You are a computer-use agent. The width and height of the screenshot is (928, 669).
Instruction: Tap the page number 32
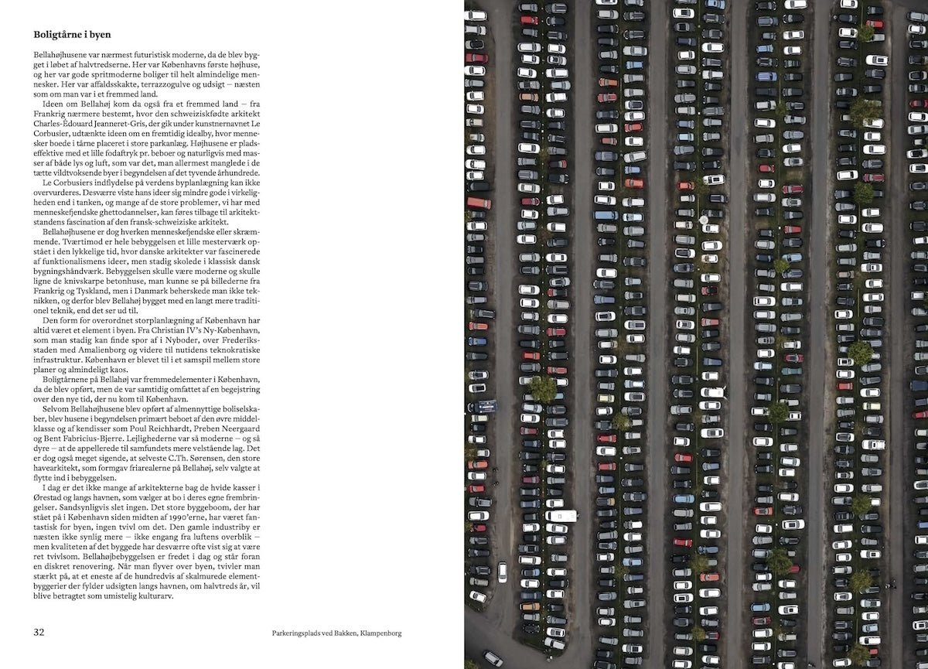(x=39, y=632)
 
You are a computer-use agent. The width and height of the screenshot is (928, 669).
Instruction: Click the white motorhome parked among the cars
(x=560, y=515)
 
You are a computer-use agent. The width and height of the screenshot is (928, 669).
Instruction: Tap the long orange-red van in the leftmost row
(x=479, y=203)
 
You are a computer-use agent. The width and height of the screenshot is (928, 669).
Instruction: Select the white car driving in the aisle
(x=503, y=572)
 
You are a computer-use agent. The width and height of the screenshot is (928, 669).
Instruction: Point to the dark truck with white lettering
(x=486, y=405)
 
